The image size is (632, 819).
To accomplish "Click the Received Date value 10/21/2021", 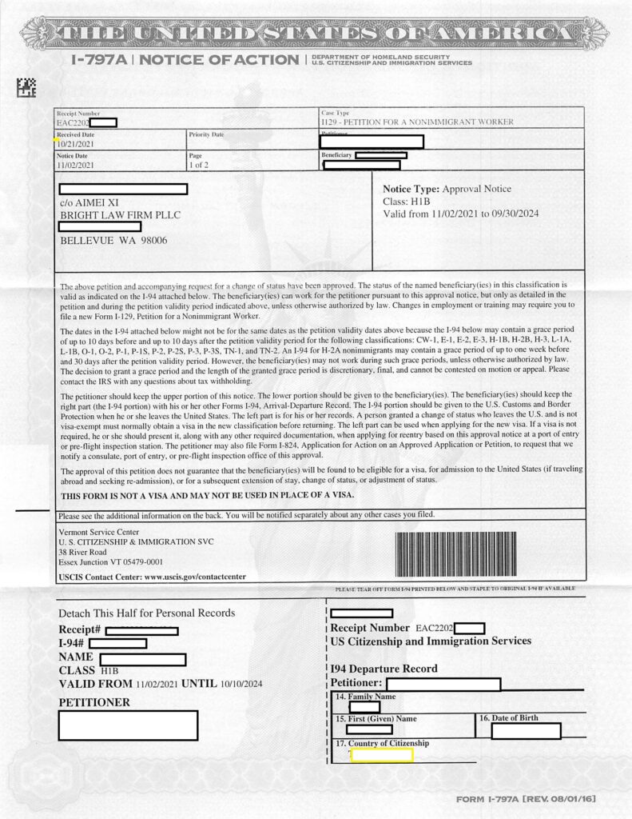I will [x=76, y=144].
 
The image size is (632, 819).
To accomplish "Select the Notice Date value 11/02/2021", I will [x=76, y=164].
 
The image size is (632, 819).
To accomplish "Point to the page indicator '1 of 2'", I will [x=200, y=164].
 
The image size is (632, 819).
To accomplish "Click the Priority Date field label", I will [x=206, y=134].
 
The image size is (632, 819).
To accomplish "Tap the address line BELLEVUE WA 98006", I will [x=113, y=241].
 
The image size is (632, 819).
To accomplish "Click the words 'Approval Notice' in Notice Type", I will [x=476, y=189].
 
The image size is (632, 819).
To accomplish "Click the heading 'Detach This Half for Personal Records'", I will [x=147, y=613].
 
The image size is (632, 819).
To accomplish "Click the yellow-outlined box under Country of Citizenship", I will [x=381, y=754].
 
